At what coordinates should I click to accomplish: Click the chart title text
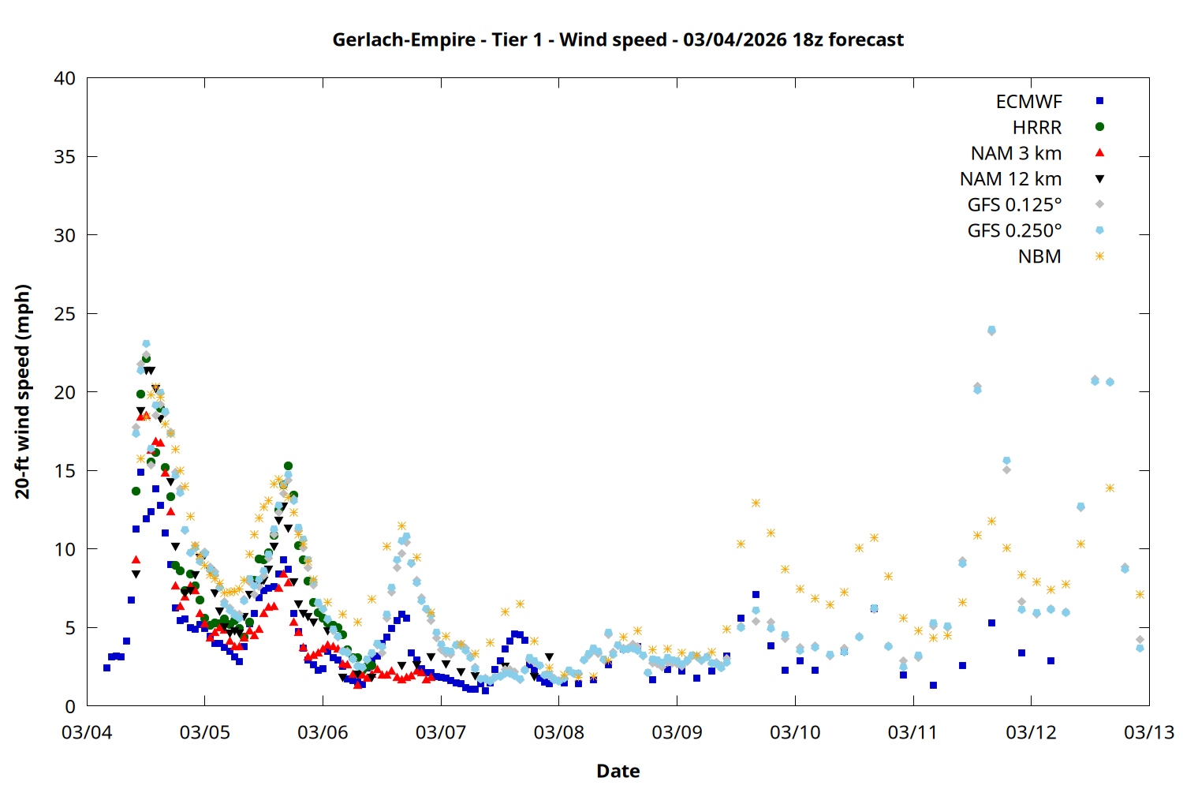[618, 39]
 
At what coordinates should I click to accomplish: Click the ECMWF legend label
[1028, 102]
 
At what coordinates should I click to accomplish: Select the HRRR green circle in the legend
[1099, 127]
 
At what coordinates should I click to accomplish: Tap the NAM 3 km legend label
[1016, 153]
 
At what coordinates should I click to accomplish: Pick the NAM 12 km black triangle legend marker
[1099, 179]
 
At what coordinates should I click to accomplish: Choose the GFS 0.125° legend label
[1014, 205]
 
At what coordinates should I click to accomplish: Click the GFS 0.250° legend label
[1014, 231]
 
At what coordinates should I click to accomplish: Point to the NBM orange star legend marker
[1099, 256]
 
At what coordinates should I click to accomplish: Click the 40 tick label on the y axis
[65, 78]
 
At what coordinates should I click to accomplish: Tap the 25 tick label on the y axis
[65, 314]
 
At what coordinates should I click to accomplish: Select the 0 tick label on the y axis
[70, 706]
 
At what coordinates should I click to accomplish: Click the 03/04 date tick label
[87, 732]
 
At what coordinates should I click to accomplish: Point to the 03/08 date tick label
[558, 732]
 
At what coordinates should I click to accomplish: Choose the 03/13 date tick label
[1148, 732]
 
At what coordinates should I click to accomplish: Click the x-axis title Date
[618, 771]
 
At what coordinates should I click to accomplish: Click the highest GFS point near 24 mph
[991, 330]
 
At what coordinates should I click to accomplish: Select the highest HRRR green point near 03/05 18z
[288, 466]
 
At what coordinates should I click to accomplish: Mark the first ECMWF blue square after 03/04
[106, 667]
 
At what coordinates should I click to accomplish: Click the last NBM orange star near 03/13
[1140, 594]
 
